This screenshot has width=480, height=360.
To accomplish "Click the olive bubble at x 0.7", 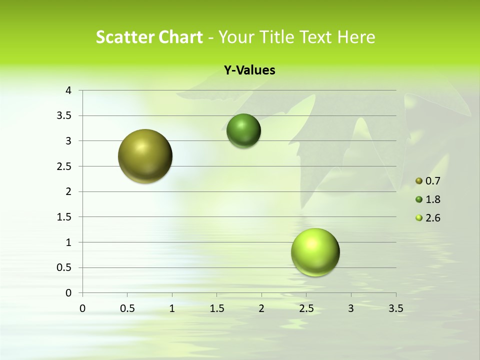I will point(145,156).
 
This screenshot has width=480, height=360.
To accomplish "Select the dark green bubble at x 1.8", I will point(243,131).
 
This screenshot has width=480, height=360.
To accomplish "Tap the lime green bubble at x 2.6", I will point(315,252).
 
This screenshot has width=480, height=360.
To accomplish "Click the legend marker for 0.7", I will point(419,181).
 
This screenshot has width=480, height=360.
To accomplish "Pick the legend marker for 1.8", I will point(419,199).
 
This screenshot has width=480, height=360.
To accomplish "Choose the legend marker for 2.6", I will point(419,218).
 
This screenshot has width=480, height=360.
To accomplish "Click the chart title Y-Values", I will point(249,70).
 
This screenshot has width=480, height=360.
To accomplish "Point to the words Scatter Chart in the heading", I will point(149,37).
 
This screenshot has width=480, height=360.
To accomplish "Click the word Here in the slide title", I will point(355,37).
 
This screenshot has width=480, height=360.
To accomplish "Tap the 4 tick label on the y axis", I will point(69,90).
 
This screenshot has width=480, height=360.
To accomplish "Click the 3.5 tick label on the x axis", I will point(395,308).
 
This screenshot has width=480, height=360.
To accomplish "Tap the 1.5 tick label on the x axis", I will point(216,308).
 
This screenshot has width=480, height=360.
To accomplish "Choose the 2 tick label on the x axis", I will point(261,308).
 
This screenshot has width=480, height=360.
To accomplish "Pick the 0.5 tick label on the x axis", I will point(127,308).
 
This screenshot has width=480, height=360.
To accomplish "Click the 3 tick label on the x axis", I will point(351,308).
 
